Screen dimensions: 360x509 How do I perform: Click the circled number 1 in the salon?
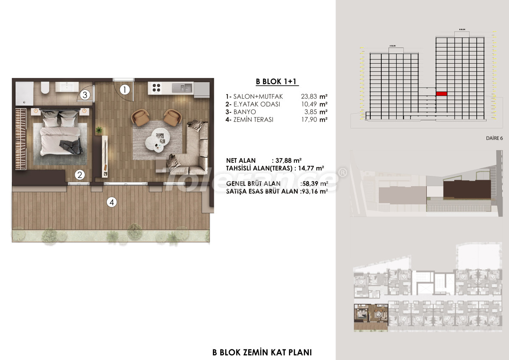point(124,90)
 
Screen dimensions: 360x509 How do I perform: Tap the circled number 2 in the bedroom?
point(79,174)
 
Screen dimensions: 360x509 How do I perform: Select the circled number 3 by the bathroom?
point(85,95)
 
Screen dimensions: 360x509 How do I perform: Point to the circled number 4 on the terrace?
point(112,203)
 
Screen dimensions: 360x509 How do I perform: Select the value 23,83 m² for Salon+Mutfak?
point(314,96)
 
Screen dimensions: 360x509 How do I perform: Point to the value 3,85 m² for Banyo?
point(316,112)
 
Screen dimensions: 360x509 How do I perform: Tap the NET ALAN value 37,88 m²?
point(288,160)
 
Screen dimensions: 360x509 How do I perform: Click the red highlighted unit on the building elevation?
point(442,93)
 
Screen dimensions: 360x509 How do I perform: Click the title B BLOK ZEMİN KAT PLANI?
point(262,352)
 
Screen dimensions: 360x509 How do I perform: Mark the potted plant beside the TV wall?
point(99,130)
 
